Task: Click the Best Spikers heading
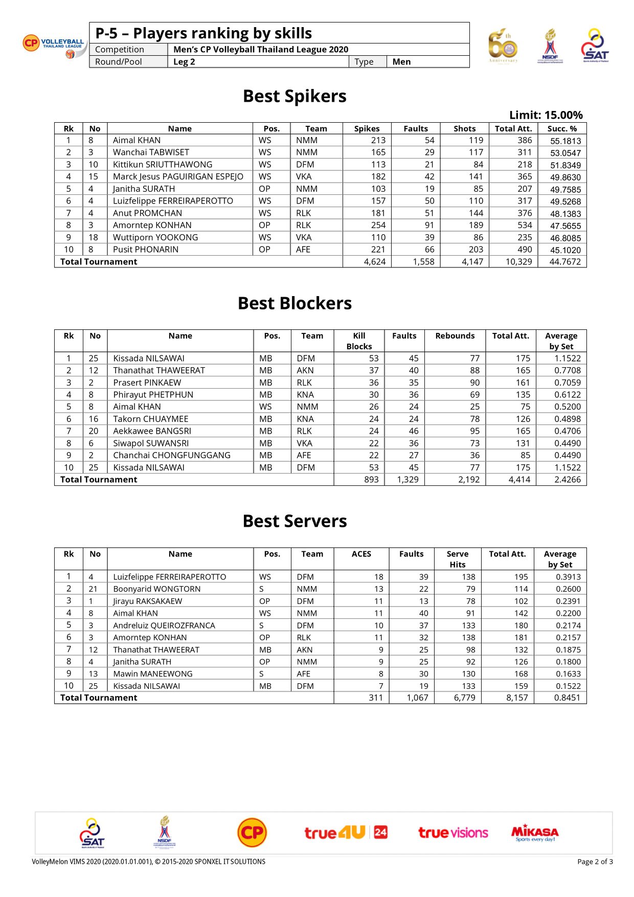click(x=295, y=96)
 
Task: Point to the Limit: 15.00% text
click(x=546, y=115)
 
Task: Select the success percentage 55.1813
click(x=565, y=141)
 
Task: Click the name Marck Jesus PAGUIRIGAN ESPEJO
click(x=178, y=176)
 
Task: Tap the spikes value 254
click(x=378, y=225)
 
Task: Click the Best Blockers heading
click(x=295, y=303)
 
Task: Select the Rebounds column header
click(x=455, y=336)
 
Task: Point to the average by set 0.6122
click(x=567, y=395)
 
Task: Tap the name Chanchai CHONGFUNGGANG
click(x=172, y=455)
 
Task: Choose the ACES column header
click(x=361, y=554)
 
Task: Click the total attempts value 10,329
click(x=518, y=262)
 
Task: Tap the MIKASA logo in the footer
click(x=535, y=833)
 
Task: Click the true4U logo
click(x=346, y=833)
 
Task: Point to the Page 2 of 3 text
click(x=595, y=862)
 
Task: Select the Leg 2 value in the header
click(x=184, y=62)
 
